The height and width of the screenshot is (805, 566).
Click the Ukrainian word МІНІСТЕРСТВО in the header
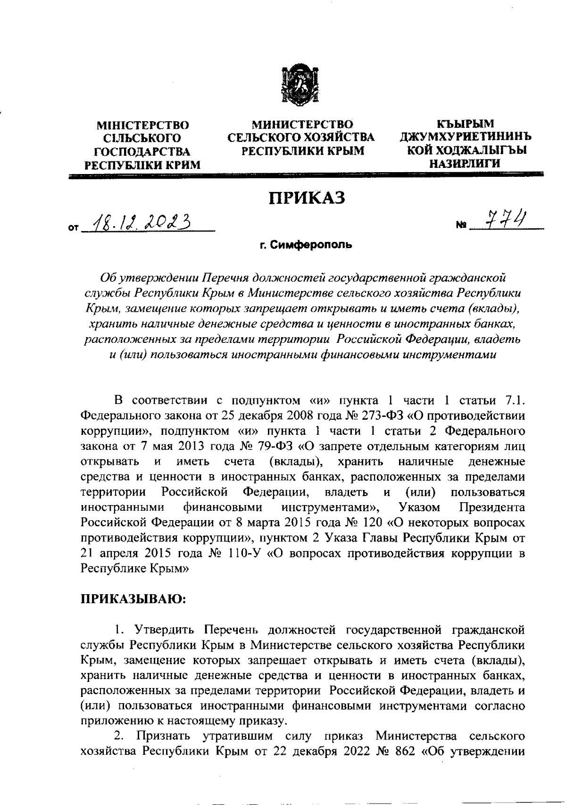click(x=142, y=125)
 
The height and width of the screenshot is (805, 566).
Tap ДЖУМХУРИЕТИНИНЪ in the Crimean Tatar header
click(x=466, y=137)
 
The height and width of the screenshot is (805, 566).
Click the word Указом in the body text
click(x=419, y=507)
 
